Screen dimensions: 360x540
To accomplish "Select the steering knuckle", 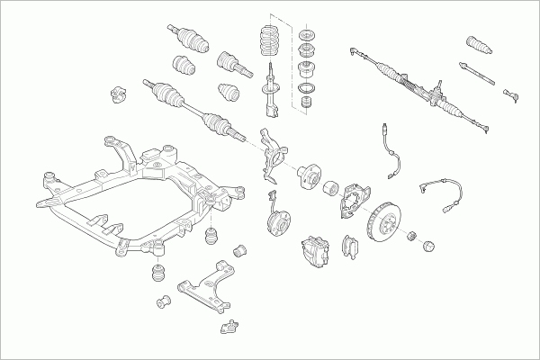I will point(274,148).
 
